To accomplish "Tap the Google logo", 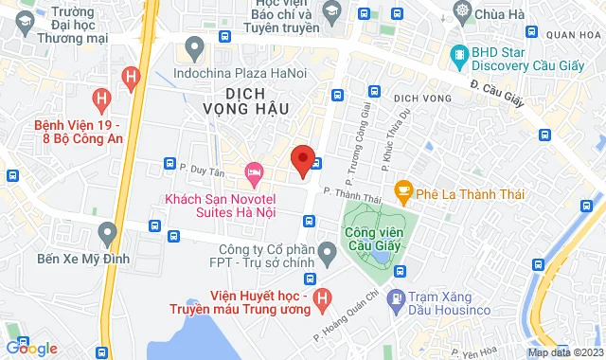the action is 30,349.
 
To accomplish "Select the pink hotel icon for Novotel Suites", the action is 253,171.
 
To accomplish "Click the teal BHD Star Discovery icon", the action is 460,54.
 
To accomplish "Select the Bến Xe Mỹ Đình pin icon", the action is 107,231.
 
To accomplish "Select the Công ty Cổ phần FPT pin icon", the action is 328,252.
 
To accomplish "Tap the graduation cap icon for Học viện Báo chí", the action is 331,12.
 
